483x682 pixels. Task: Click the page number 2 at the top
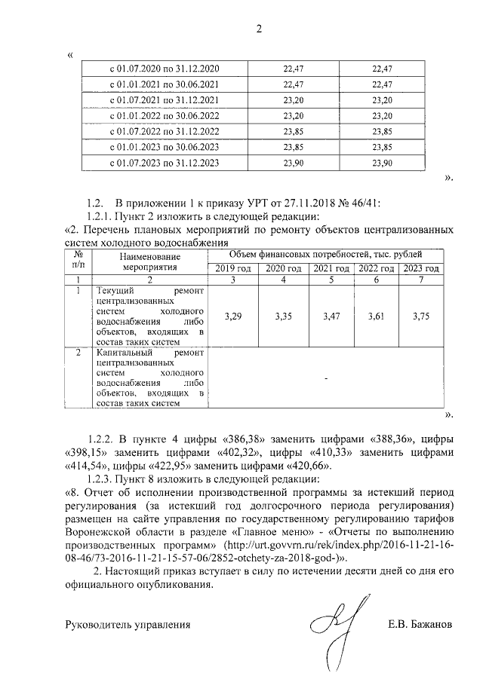pos(259,29)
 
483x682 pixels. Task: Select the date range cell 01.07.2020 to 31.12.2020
pos(165,69)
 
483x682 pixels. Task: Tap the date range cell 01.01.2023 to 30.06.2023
pos(165,147)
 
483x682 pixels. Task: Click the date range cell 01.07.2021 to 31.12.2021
pos(165,100)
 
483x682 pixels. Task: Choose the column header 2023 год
pos(420,269)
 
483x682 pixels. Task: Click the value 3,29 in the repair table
pos(233,317)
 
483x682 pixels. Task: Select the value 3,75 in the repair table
pos(420,317)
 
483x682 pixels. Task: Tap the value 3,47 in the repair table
pos(331,317)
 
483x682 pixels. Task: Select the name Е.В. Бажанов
pos(422,625)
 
